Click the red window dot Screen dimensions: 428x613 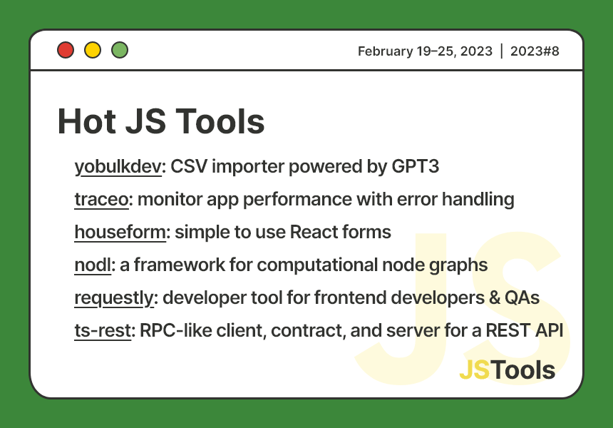pyautogui.click(x=66, y=50)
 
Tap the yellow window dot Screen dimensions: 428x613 pyautogui.click(x=93, y=50)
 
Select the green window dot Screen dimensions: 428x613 pyautogui.click(x=120, y=50)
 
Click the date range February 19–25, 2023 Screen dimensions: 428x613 pyautogui.click(x=425, y=51)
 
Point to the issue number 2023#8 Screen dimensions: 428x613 pyautogui.click(x=535, y=51)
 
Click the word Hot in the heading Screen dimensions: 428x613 pyautogui.click(x=85, y=121)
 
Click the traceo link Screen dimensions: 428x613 pyautogui.click(x=101, y=199)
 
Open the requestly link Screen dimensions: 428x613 pyautogui.click(x=114, y=297)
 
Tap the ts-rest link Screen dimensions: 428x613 pyautogui.click(x=103, y=330)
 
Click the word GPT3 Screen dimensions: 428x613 pyautogui.click(x=415, y=167)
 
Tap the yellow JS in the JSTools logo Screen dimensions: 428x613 pyautogui.click(x=475, y=370)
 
